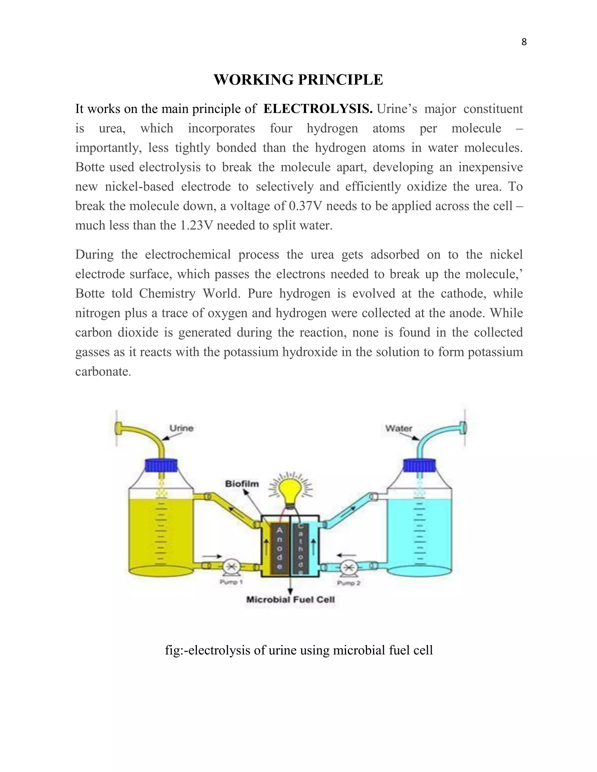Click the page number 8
click(x=524, y=42)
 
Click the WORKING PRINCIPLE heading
click(x=298, y=80)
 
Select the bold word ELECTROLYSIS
click(x=318, y=109)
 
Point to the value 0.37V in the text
click(x=305, y=206)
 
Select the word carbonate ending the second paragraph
click(x=103, y=371)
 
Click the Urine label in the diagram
click(x=181, y=428)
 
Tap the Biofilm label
click(x=242, y=484)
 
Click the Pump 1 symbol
click(x=232, y=567)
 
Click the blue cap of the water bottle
click(x=419, y=466)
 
